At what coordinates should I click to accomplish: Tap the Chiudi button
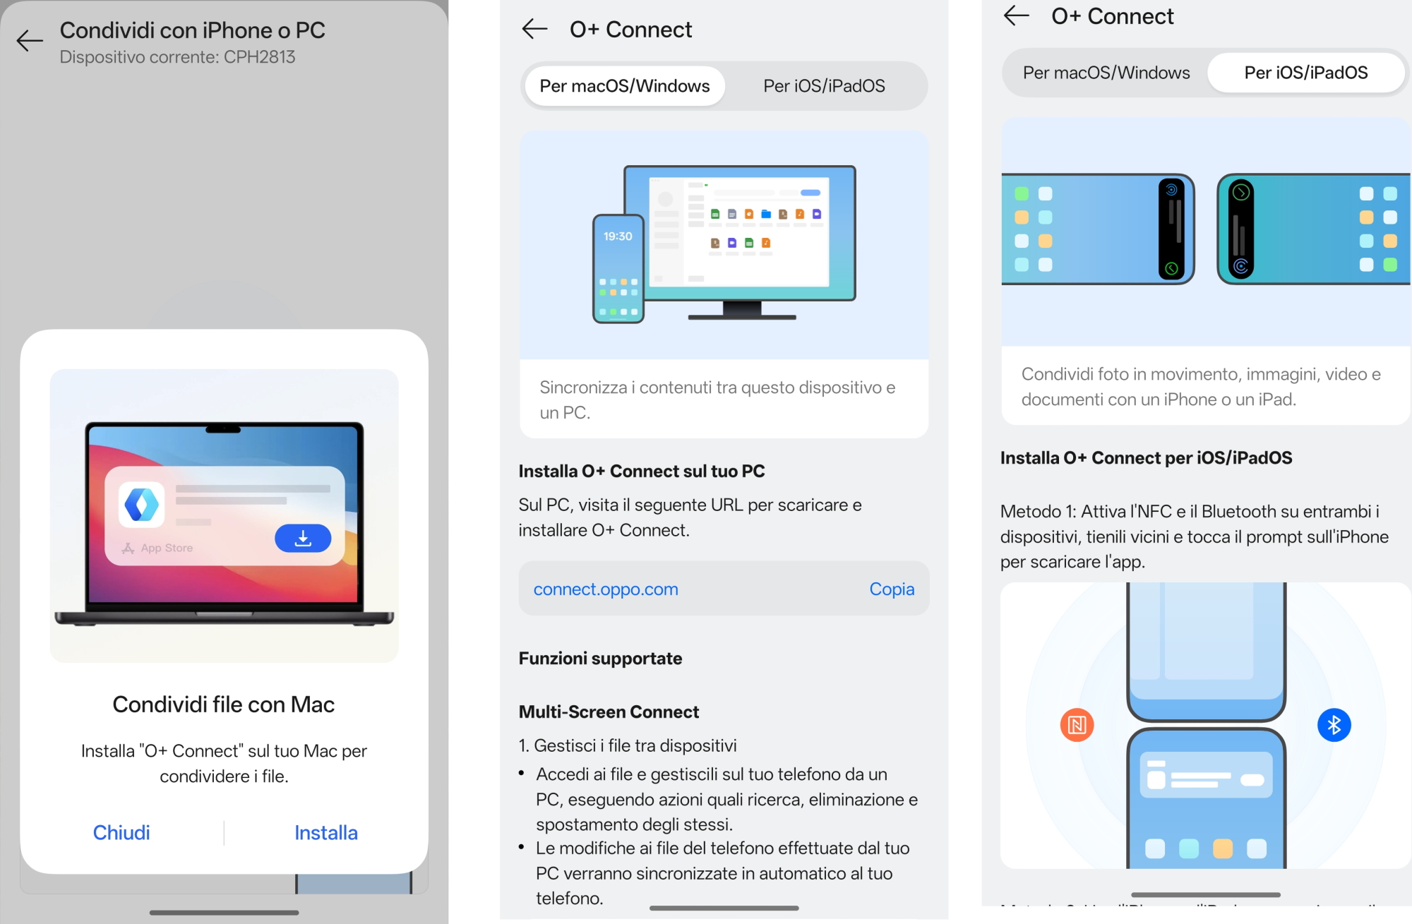click(121, 833)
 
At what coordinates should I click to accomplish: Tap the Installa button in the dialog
click(326, 833)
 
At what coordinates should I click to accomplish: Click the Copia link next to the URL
click(892, 589)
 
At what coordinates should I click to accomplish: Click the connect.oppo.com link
click(606, 589)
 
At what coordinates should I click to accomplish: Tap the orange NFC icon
click(1077, 725)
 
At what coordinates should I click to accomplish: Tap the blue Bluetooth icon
click(1334, 725)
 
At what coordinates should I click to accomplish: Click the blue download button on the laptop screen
click(303, 539)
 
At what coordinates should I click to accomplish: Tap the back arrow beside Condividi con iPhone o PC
click(30, 40)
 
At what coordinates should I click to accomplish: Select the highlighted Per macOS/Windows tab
click(625, 86)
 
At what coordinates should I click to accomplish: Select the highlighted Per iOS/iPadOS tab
click(1306, 73)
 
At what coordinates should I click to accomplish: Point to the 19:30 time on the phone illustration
click(618, 236)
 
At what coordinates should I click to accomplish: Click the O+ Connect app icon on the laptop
click(142, 505)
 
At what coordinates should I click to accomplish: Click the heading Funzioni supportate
click(600, 659)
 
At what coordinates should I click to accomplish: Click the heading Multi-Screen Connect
click(609, 712)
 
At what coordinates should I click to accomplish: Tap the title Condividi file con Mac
click(224, 704)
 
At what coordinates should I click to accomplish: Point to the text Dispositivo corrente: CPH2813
click(177, 57)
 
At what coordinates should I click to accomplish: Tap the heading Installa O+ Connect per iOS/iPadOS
click(1147, 458)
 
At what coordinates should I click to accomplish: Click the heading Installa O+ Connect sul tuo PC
click(642, 472)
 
